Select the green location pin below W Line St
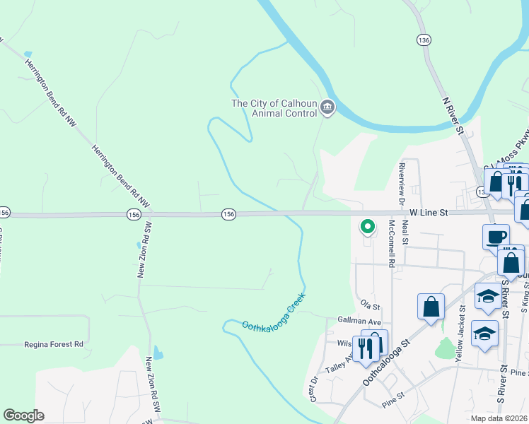(368, 227)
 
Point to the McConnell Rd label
(391, 244)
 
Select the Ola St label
(371, 307)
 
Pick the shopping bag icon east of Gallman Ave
(431, 307)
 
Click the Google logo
(23, 416)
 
